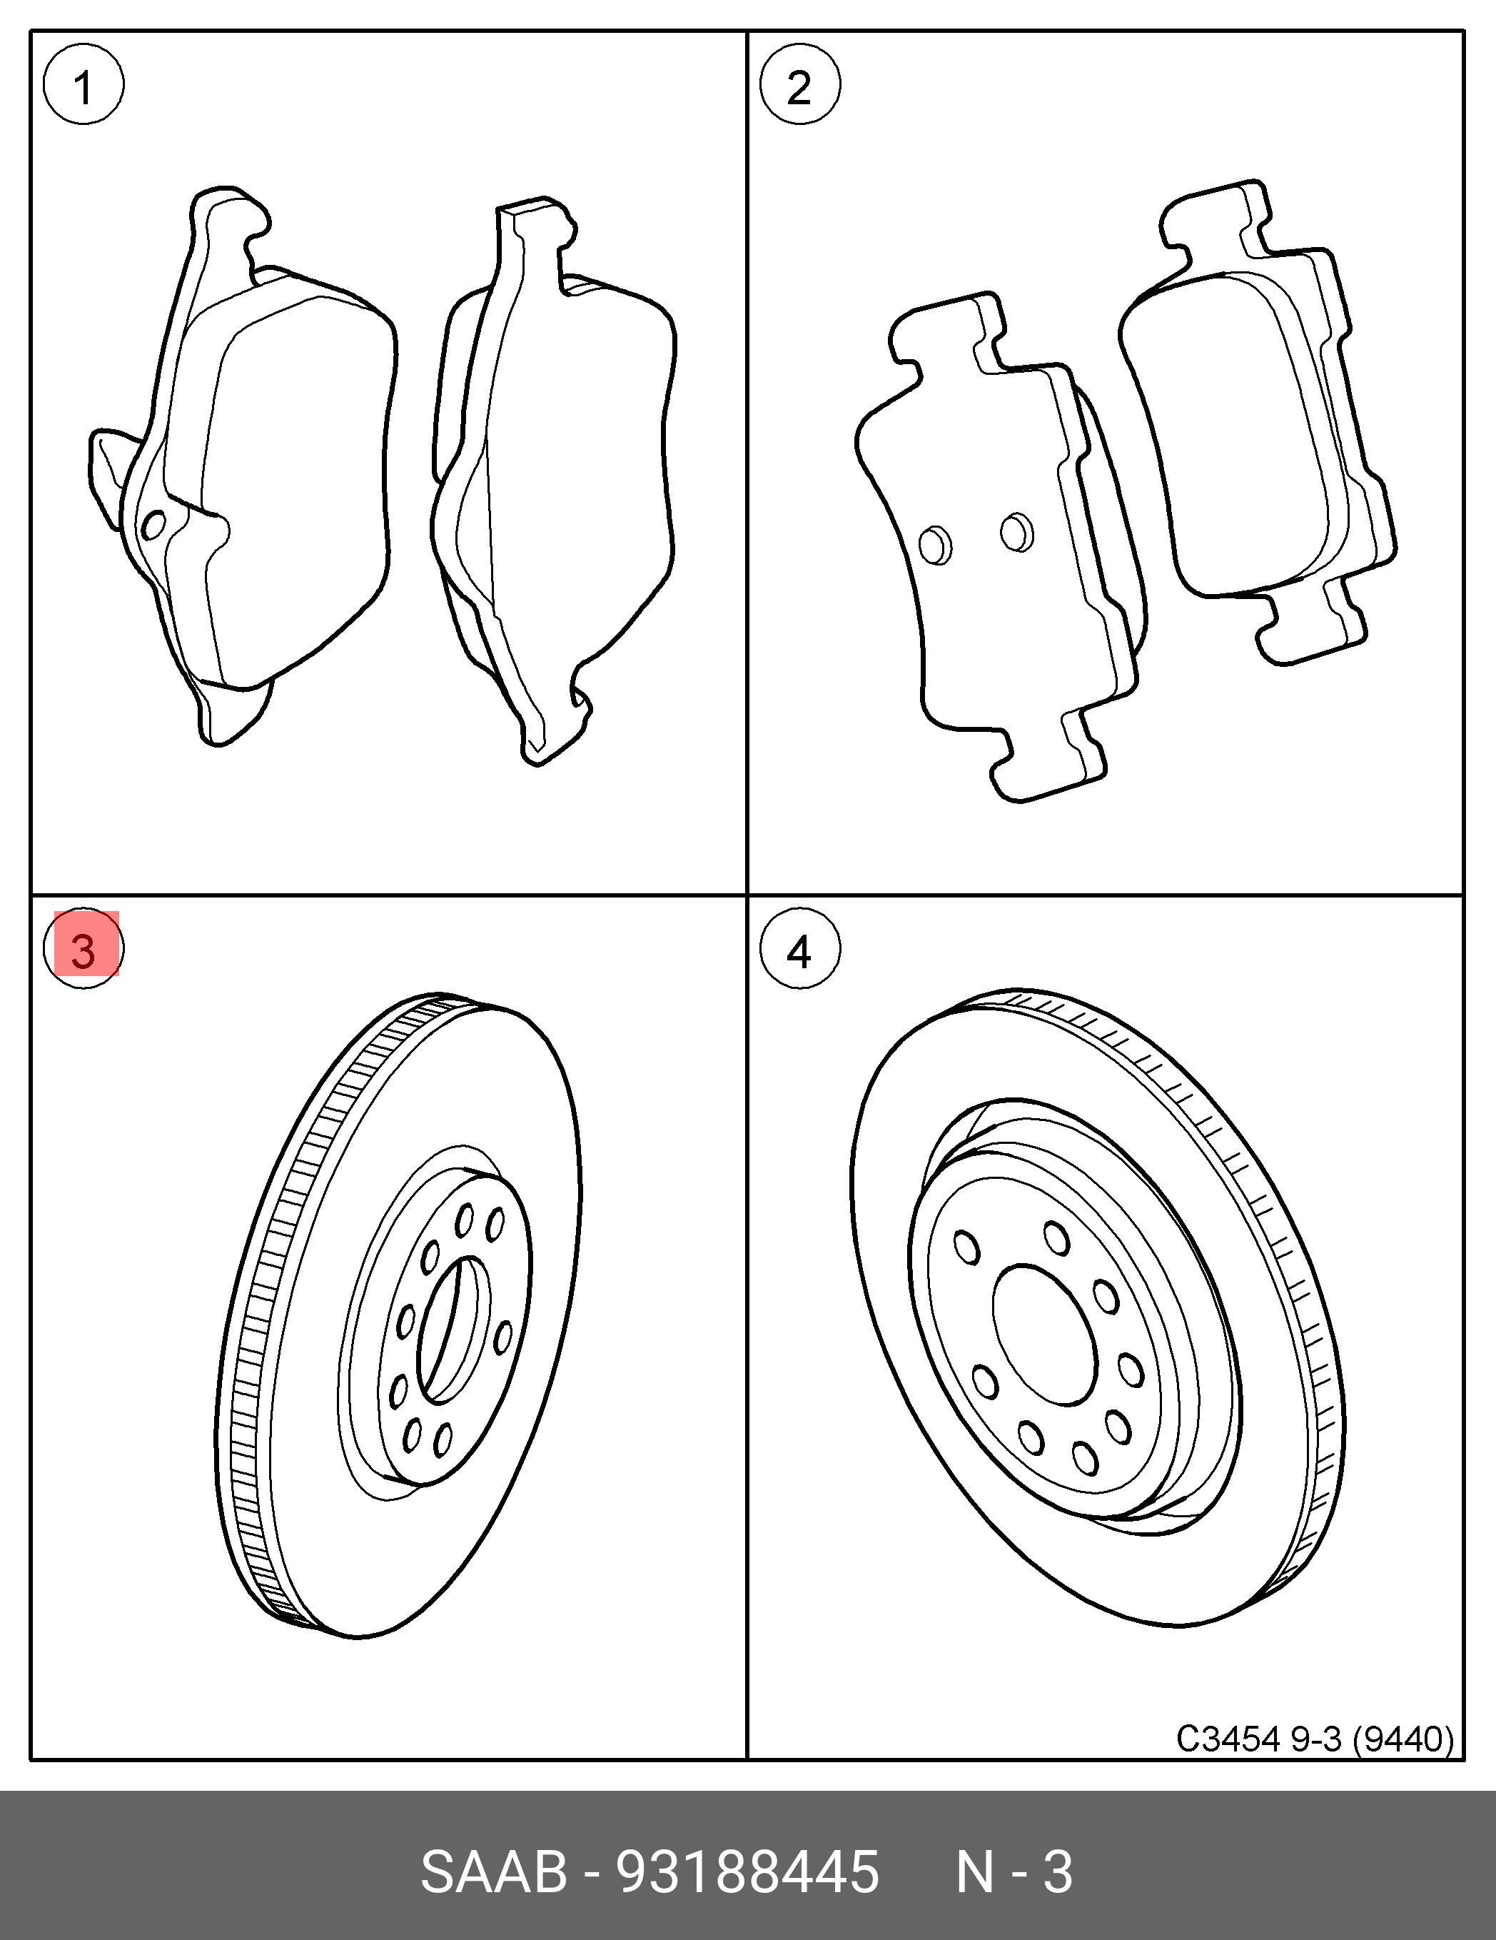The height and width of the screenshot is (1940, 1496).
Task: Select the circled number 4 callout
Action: tap(799, 949)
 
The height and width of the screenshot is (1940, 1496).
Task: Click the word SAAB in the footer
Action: tap(494, 1872)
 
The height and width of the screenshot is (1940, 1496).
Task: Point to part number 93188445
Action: tap(747, 1872)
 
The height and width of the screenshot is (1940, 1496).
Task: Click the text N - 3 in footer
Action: tap(1014, 1872)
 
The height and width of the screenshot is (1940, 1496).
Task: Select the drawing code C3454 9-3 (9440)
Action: tap(1315, 1737)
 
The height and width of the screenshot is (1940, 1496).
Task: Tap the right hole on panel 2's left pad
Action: tap(1016, 532)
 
